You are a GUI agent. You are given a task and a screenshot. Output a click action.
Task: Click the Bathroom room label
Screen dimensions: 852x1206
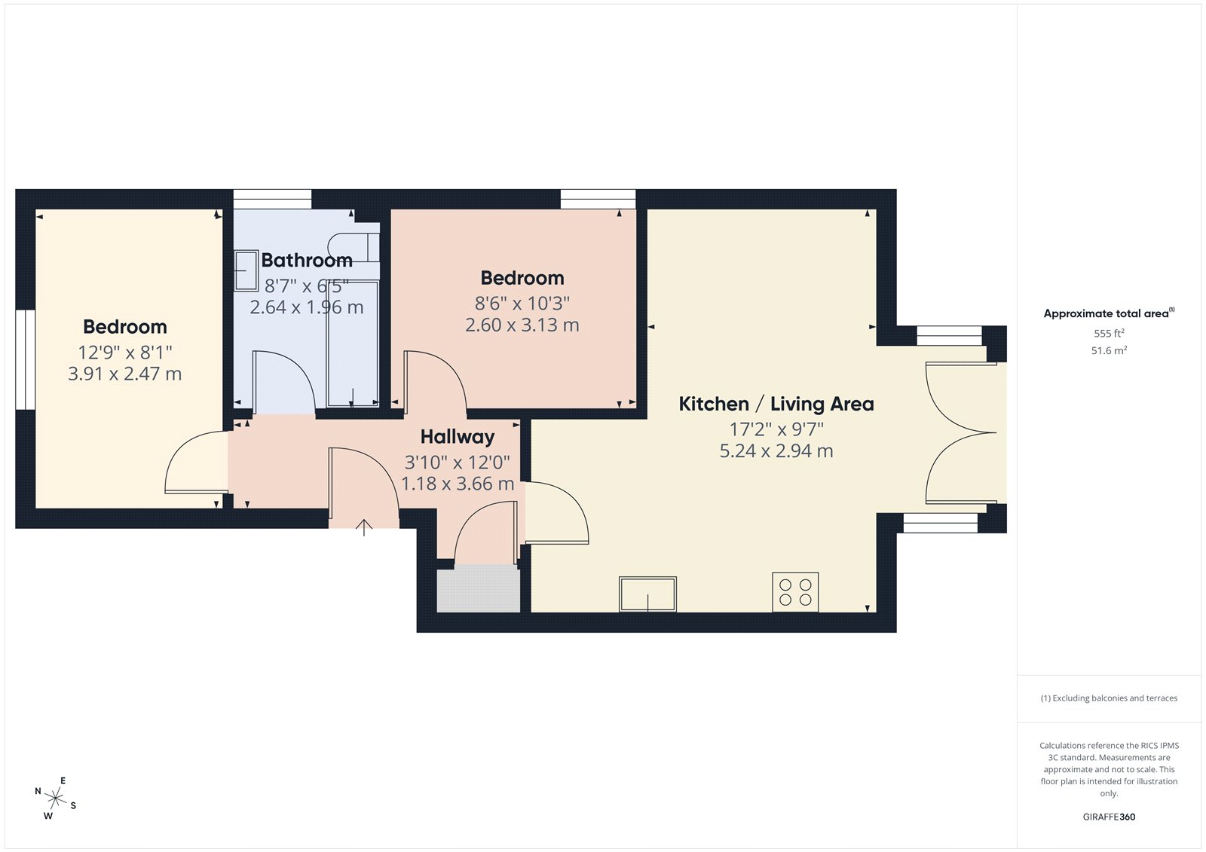307,261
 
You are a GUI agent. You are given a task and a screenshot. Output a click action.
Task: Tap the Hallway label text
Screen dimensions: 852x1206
458,437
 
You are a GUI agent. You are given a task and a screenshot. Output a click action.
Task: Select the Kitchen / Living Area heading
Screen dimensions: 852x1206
776,404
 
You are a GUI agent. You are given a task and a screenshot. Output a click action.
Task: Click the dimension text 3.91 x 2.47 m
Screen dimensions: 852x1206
125,374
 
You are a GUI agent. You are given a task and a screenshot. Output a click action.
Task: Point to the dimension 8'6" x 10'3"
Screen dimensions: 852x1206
522,304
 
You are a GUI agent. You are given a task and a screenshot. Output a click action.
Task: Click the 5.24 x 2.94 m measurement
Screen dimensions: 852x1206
776,451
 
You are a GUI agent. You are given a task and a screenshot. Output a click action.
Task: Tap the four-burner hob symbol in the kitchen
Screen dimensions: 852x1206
795,592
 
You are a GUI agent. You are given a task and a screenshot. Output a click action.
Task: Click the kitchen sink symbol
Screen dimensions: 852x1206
647,594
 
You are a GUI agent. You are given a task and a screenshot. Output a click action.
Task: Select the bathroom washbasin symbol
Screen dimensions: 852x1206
246,270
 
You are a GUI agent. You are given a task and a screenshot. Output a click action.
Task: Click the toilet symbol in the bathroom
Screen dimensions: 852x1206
352,246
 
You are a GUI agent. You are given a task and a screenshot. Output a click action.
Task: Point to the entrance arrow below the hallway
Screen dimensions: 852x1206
364,527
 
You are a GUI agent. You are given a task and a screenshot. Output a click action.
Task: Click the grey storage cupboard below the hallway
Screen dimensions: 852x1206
478,588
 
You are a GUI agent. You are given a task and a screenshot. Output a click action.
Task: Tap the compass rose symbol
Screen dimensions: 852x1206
55,798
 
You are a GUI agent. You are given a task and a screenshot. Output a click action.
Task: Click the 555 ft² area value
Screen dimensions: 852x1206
1109,333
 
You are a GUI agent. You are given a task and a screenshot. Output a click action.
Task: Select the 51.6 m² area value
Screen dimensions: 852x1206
1109,350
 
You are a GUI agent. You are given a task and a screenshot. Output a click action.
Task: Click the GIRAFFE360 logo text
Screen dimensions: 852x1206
1109,817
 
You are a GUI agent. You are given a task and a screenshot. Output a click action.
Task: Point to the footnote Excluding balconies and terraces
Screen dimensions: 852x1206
1109,698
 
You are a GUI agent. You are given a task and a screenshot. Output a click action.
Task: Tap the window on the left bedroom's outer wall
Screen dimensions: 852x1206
26,359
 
